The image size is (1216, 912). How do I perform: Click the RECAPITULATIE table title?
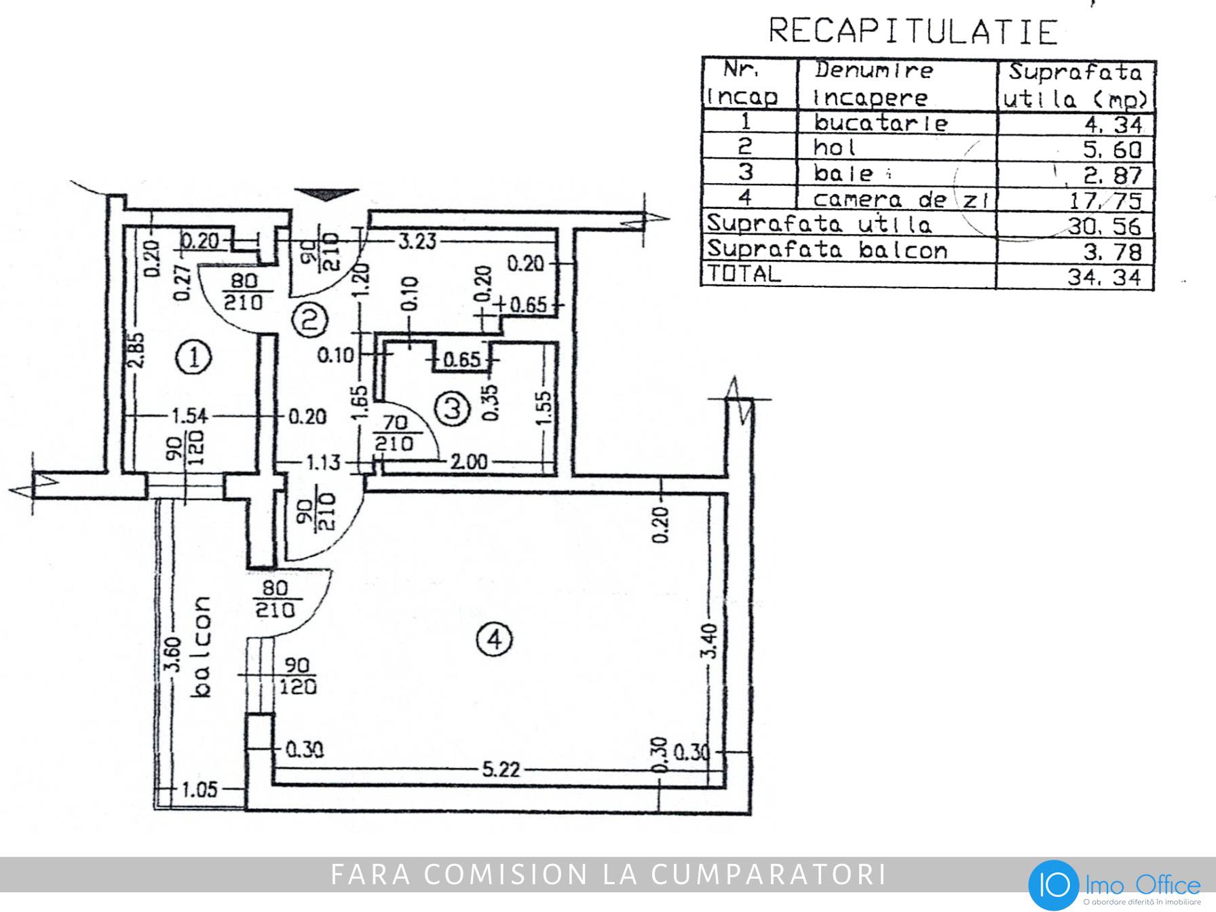913,31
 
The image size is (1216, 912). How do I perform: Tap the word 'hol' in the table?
835,147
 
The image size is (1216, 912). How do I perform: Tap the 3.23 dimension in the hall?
416,242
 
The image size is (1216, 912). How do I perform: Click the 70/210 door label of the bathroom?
394,433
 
